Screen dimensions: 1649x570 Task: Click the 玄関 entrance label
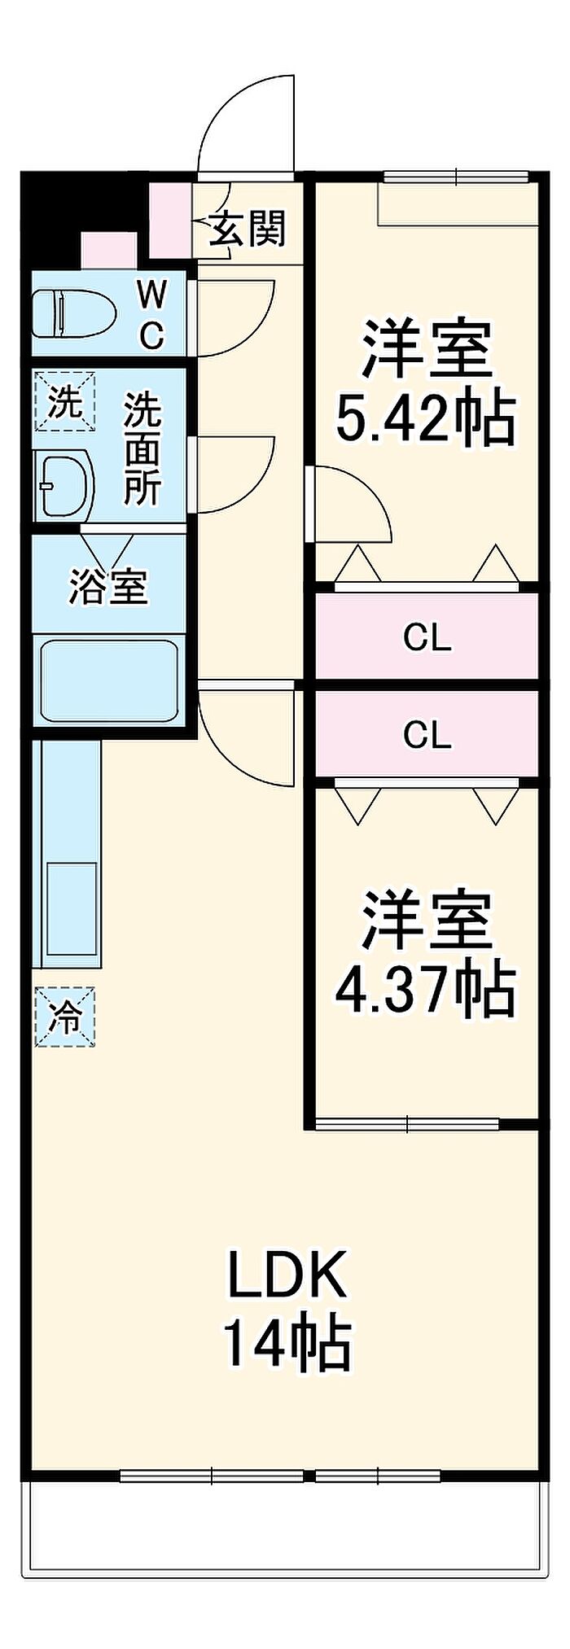point(248,230)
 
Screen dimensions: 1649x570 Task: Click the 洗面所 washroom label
point(143,449)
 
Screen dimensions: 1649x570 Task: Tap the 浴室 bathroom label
point(108,584)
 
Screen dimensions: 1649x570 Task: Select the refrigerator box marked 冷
point(65,1017)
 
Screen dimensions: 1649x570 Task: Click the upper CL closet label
point(427,638)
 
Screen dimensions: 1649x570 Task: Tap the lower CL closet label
point(427,736)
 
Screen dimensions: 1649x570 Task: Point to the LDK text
point(287,1276)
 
